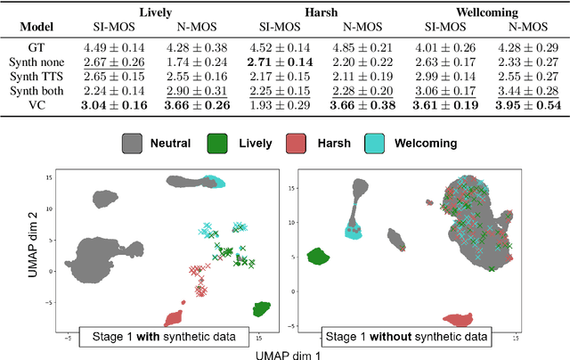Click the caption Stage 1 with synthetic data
coord(179,336)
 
